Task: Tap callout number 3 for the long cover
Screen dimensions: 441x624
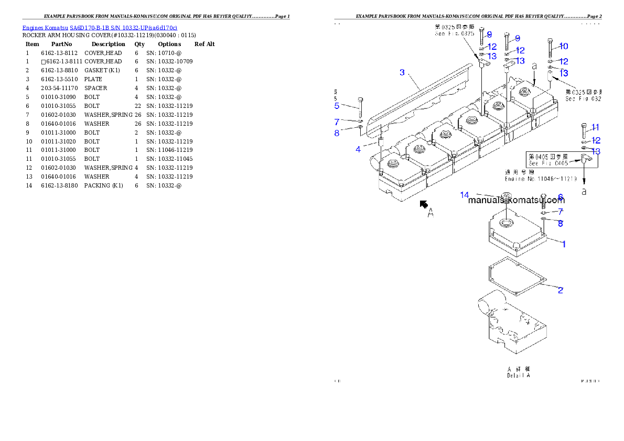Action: tap(402, 72)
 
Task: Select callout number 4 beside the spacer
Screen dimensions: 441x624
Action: tap(358, 149)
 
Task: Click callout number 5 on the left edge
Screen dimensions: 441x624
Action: tap(337, 106)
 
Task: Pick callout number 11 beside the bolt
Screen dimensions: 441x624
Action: tap(595, 127)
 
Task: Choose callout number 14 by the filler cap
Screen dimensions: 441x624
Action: tap(465, 195)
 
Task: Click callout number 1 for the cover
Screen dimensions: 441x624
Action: tap(564, 244)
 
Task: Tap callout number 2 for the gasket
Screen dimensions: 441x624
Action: tap(561, 290)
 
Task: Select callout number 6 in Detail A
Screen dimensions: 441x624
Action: tap(561, 197)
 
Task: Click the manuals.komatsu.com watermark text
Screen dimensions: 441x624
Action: tap(517, 200)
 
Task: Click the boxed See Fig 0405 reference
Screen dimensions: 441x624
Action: tap(548, 160)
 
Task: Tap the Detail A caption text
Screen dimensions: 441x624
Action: tap(519, 372)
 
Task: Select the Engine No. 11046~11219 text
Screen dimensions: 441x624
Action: tap(540, 179)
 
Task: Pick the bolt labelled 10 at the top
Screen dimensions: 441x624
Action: tap(550, 49)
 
